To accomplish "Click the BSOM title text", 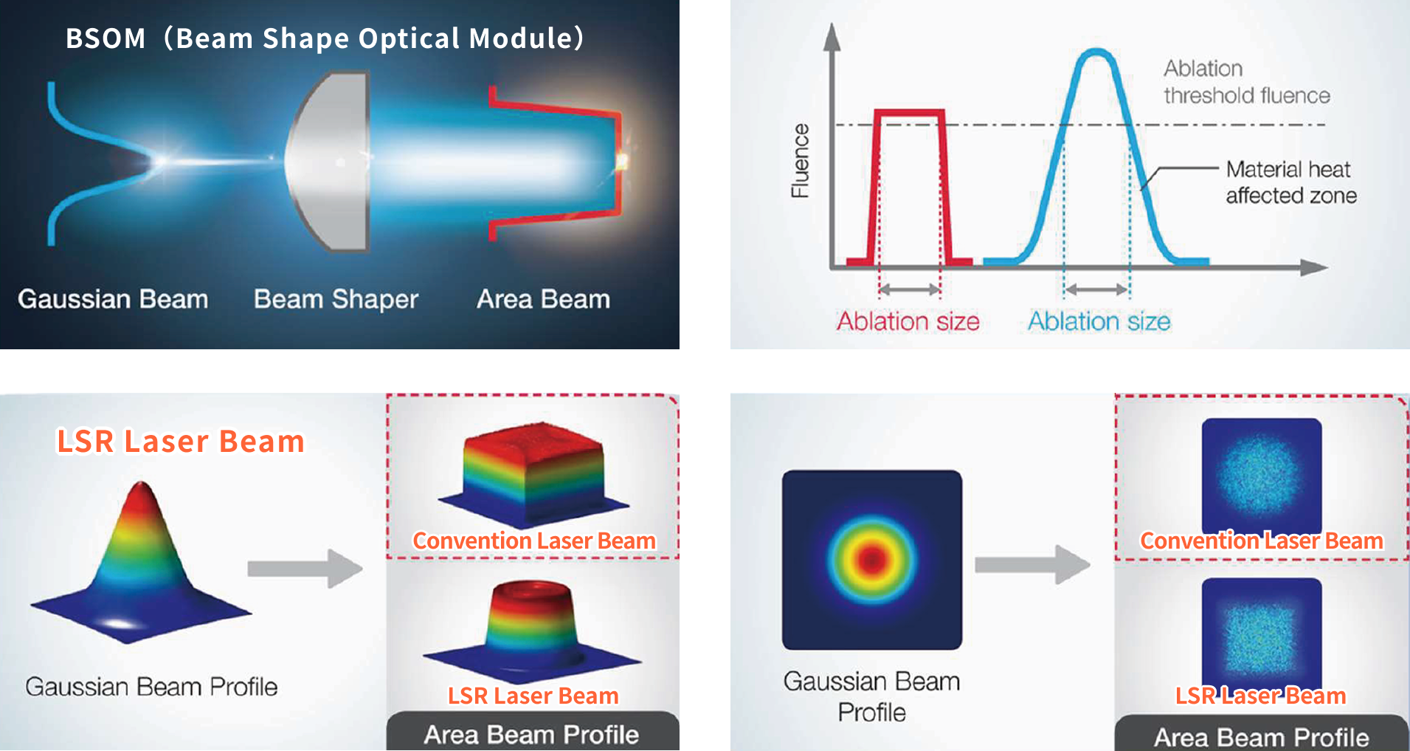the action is (325, 38).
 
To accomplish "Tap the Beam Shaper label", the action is (336, 299).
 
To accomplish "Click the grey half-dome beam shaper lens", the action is (328, 161).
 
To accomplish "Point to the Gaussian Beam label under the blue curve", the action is (113, 299).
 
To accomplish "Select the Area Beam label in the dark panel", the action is (543, 299).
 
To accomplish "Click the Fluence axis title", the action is (800, 161).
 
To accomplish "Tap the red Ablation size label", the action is (908, 321).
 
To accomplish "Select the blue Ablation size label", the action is (1099, 321).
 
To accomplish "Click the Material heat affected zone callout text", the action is (1291, 182).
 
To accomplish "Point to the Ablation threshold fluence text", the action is (1247, 82).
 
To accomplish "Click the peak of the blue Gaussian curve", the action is (1096, 52).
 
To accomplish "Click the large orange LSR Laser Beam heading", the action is (181, 442).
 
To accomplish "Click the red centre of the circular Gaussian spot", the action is (872, 559).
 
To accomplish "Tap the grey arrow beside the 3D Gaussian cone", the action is (305, 569).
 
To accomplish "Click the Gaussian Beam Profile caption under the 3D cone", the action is (151, 687).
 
